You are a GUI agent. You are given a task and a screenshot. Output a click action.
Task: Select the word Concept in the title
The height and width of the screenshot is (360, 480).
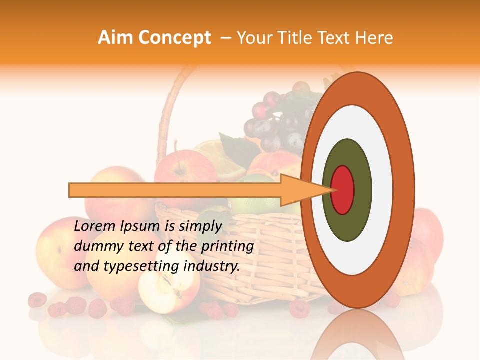tap(174, 38)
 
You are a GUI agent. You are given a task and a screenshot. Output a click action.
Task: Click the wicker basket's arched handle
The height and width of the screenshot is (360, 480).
tap(170, 110)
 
